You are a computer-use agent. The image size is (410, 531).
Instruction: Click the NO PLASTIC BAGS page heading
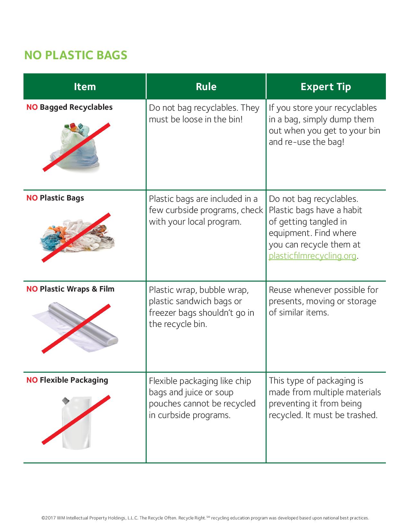coord(76,55)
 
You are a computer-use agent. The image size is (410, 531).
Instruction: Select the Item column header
coord(85,87)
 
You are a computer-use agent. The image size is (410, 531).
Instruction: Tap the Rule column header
coord(206,87)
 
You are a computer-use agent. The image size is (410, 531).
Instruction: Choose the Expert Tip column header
coord(326,87)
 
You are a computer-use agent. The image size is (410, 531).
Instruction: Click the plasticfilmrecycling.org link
coord(312,256)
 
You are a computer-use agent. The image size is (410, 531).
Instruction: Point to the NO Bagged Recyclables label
coord(69,107)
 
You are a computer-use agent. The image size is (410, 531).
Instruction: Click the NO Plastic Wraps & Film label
coord(70,289)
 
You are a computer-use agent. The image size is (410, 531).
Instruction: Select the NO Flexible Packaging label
coord(67,380)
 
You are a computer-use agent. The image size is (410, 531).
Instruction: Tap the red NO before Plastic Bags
coord(32,198)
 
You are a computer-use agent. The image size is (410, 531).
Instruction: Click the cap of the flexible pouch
coord(66,401)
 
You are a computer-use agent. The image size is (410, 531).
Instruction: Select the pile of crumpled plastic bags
coord(77,237)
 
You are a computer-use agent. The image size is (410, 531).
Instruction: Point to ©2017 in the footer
coord(49,518)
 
